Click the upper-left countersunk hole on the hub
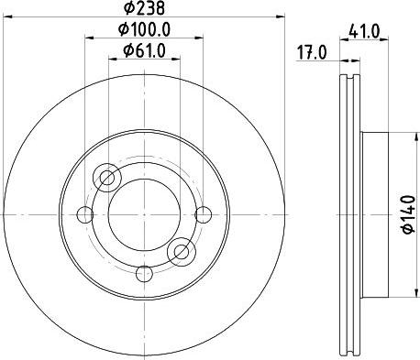(108, 177)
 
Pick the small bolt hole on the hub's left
(87, 215)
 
